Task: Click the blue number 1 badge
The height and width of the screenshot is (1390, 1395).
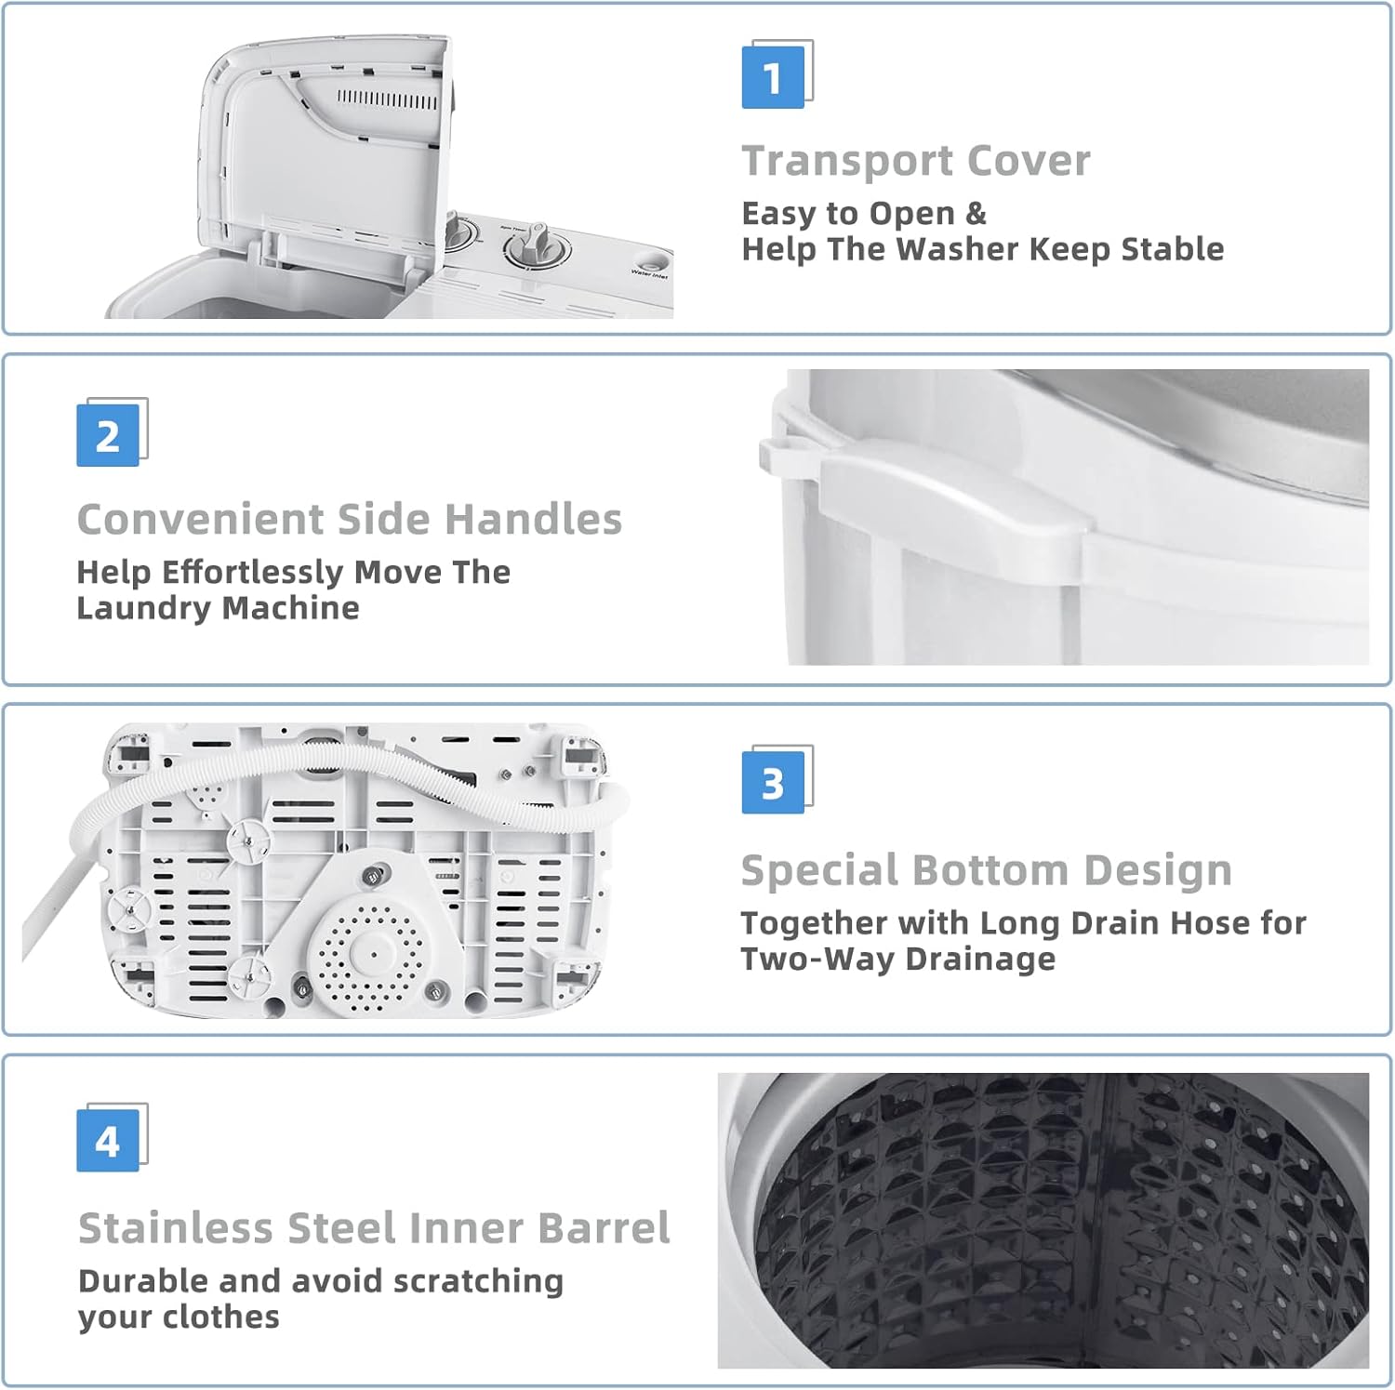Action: click(x=773, y=77)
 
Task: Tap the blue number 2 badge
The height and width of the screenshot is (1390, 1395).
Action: click(x=107, y=435)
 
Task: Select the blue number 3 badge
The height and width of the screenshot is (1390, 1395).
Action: click(x=773, y=783)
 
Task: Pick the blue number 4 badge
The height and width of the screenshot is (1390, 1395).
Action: click(x=107, y=1141)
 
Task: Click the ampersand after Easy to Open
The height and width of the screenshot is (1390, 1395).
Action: click(x=976, y=214)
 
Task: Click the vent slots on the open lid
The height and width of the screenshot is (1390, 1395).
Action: click(x=387, y=99)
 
